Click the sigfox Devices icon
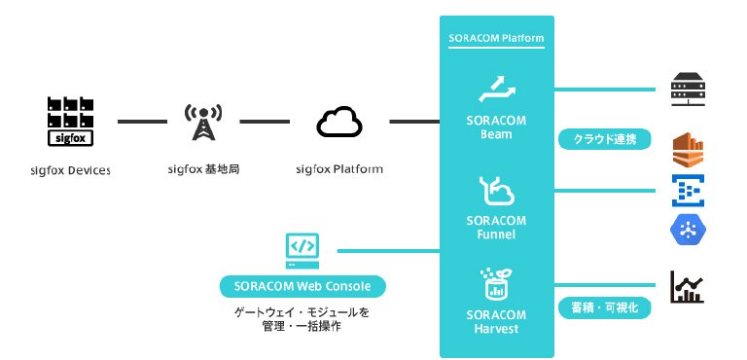tap(70, 122)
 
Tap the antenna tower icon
tap(203, 122)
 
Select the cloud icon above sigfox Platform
tap(339, 122)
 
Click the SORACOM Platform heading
tap(496, 38)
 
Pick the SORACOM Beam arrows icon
tap(496, 89)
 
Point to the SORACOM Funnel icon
tap(496, 191)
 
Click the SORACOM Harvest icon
tap(496, 284)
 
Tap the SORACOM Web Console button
tap(302, 287)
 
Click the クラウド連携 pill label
tap(605, 140)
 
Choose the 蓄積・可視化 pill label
tap(605, 308)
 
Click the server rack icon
tap(688, 90)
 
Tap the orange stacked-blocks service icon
tap(688, 151)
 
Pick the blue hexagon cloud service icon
tap(688, 230)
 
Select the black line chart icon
tap(687, 287)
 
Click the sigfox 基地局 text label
tap(204, 169)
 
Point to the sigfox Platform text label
tap(339, 169)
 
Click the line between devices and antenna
tap(142, 122)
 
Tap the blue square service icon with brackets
tap(688, 191)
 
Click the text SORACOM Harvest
tap(496, 322)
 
